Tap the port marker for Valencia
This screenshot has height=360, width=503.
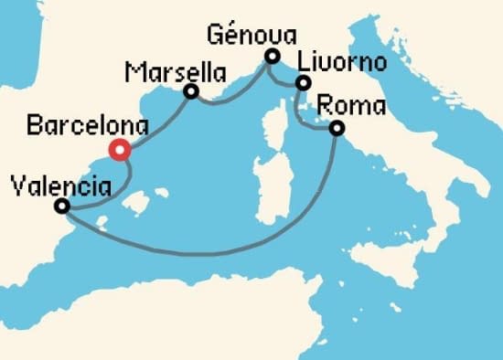(62, 206)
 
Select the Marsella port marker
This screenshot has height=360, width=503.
(191, 91)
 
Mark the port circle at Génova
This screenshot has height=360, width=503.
(271, 57)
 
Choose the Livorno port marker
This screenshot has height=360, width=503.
(302, 84)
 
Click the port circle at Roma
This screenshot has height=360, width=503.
(337, 128)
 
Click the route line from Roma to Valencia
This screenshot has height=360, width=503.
(229, 246)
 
